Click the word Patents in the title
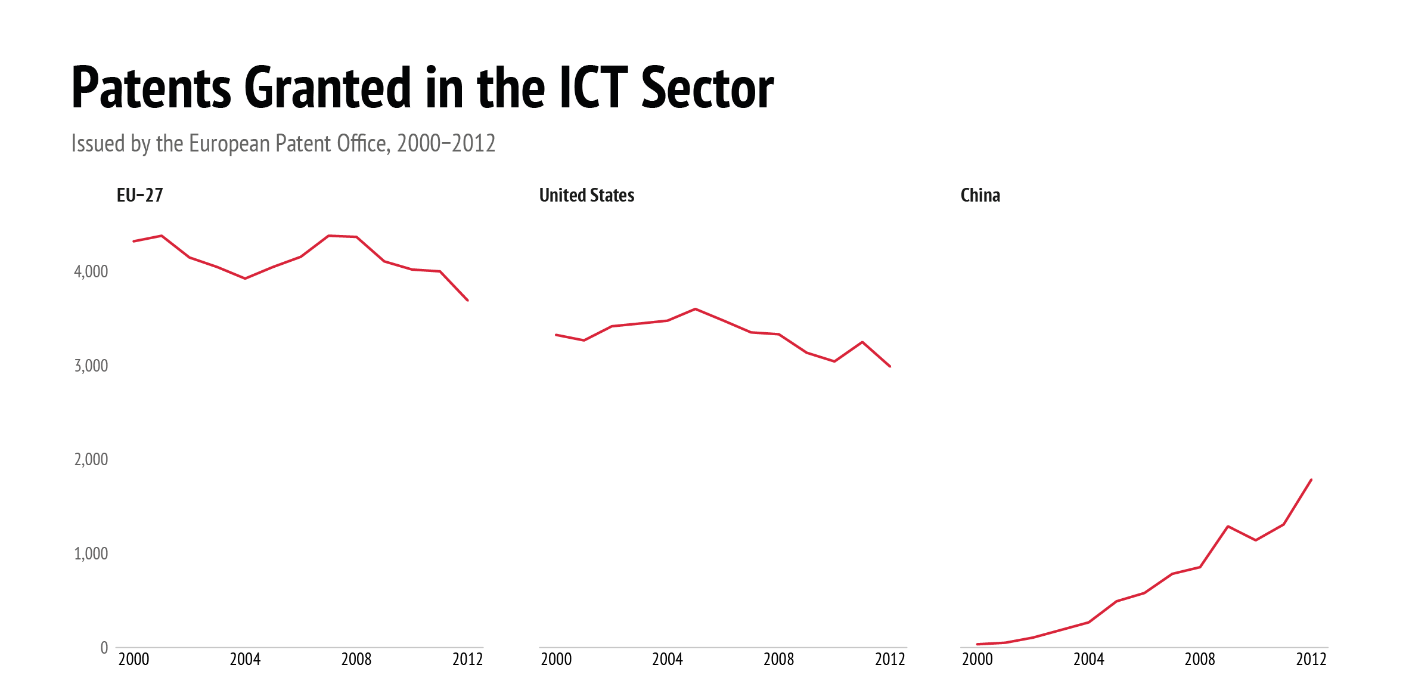coord(151,88)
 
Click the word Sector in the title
coord(707,88)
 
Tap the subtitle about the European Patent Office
coord(283,144)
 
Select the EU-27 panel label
coord(139,195)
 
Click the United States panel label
coord(586,195)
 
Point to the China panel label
coord(980,195)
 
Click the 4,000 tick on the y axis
coord(91,272)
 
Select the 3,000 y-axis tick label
coord(91,366)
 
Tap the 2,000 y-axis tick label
coord(91,459)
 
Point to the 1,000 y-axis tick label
coord(91,553)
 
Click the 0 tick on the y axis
coord(104,648)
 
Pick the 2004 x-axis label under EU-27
coord(245,660)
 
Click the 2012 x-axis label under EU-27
coord(467,660)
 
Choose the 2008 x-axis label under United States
coord(778,660)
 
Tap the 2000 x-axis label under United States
coord(556,660)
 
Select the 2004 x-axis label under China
coord(1088,660)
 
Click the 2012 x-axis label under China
coord(1311,660)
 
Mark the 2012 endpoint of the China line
coord(1311,480)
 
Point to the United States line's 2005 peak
coord(696,309)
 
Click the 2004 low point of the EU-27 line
coord(245,279)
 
